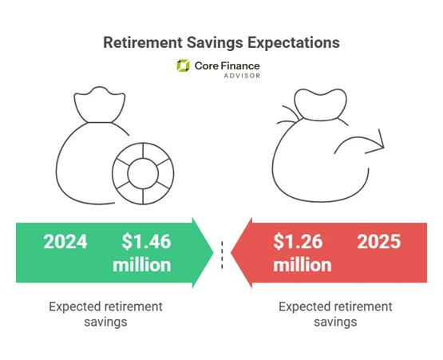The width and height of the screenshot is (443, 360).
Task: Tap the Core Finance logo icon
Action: coord(183,66)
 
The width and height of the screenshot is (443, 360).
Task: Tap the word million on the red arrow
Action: coord(303,264)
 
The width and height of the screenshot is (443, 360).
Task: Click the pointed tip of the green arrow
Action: coord(209,252)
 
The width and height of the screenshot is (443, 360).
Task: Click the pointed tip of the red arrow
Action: coord(233,252)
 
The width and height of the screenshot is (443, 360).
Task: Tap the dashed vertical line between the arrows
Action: coord(222,252)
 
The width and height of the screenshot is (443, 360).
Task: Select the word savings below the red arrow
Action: coord(334,322)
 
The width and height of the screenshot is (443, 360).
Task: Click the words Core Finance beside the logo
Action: coord(227,65)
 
